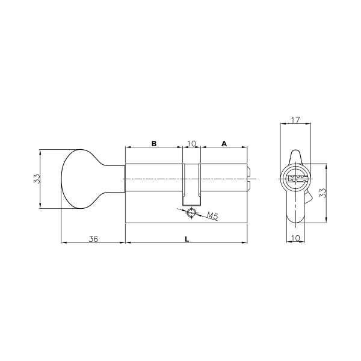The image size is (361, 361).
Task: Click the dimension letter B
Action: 153,144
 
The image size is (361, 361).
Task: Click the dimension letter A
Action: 224,144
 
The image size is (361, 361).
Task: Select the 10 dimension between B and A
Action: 191,144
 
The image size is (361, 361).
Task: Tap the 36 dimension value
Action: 93,239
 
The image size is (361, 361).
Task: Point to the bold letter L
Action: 187,239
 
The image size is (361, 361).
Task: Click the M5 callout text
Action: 212,215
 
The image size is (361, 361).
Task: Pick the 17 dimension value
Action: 296,120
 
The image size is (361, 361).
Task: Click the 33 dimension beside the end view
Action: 323,193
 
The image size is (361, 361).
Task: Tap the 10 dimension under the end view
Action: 295,238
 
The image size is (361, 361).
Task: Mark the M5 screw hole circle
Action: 192,212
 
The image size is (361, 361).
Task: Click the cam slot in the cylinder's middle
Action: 192,184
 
